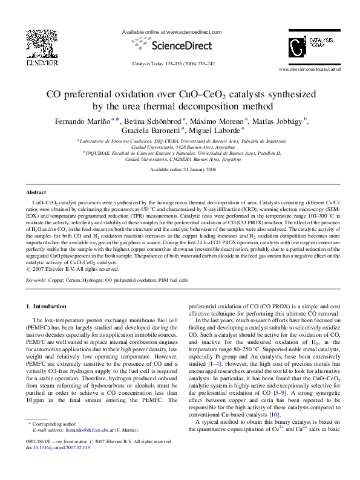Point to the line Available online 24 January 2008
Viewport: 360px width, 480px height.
180,170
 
